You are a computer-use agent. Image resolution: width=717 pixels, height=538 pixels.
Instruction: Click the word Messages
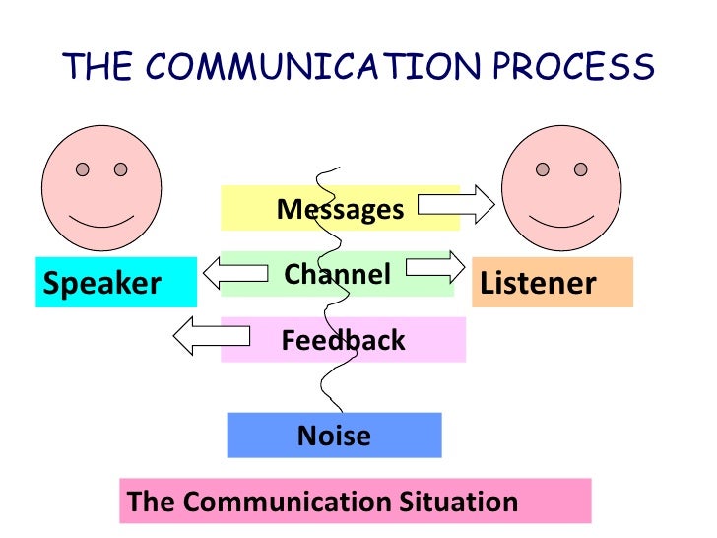(x=340, y=210)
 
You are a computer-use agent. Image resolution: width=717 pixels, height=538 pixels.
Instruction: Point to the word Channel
(x=338, y=274)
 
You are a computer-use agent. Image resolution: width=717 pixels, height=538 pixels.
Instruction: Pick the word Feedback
(x=343, y=341)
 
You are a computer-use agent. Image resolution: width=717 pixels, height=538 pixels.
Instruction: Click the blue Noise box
(x=334, y=435)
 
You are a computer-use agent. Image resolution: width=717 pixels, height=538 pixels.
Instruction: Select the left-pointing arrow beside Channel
(x=234, y=270)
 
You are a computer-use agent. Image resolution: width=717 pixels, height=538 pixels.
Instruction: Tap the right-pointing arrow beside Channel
(x=434, y=267)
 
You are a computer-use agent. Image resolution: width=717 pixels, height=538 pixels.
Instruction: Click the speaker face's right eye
(x=121, y=169)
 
